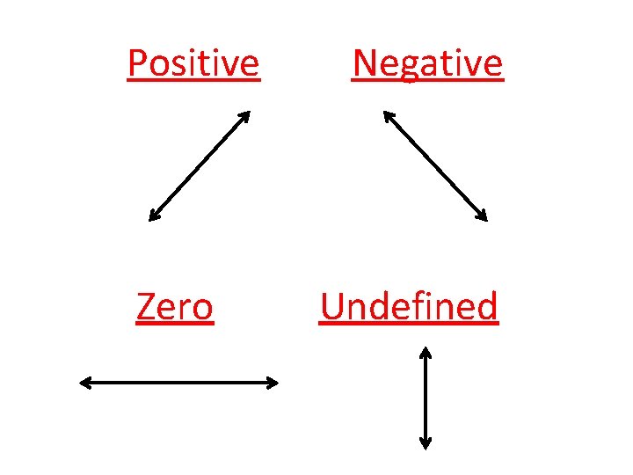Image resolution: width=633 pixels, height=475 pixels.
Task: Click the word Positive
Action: (x=193, y=64)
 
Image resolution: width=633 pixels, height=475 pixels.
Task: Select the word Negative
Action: (x=427, y=64)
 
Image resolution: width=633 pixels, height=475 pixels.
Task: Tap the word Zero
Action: (x=175, y=308)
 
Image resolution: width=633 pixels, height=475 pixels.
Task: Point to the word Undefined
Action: (x=409, y=307)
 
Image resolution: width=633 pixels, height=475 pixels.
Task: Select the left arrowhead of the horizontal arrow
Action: (x=84, y=382)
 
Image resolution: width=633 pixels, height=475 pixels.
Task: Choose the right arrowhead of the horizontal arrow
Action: (x=274, y=382)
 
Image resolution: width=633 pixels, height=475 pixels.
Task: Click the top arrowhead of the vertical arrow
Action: (x=425, y=351)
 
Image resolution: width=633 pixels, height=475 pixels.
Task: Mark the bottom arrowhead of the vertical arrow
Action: (x=425, y=444)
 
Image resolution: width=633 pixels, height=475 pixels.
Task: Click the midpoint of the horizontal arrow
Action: (x=179, y=382)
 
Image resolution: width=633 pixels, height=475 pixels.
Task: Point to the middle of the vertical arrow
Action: (x=425, y=398)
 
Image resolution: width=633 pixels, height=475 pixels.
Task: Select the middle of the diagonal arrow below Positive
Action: (x=200, y=165)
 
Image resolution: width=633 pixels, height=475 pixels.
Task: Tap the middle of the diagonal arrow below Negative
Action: (x=434, y=165)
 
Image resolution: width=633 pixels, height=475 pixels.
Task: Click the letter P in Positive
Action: (x=137, y=64)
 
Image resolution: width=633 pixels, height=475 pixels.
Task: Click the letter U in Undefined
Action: (x=332, y=307)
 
